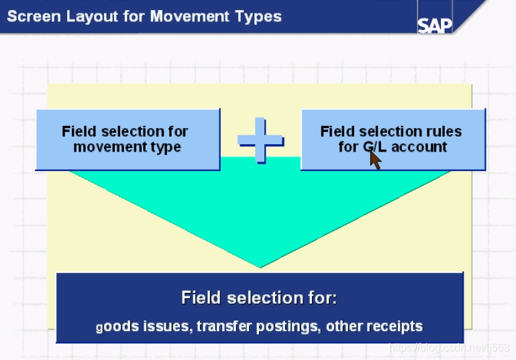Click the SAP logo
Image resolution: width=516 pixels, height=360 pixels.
[435, 25]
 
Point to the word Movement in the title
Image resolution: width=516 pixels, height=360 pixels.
[191, 16]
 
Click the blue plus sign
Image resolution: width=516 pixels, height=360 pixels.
[260, 141]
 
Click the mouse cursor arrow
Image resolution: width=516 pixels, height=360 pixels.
[375, 160]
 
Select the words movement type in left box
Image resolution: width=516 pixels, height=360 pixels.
[127, 147]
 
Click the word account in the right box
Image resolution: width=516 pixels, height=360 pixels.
[419, 147]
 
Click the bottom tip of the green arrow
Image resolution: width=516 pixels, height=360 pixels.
[260, 266]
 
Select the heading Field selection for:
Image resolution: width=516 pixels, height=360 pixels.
[259, 298]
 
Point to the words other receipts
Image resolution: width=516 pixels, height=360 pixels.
[379, 326]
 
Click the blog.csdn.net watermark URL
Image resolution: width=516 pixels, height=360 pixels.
[450, 347]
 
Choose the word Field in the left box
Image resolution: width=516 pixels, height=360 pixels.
[79, 131]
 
